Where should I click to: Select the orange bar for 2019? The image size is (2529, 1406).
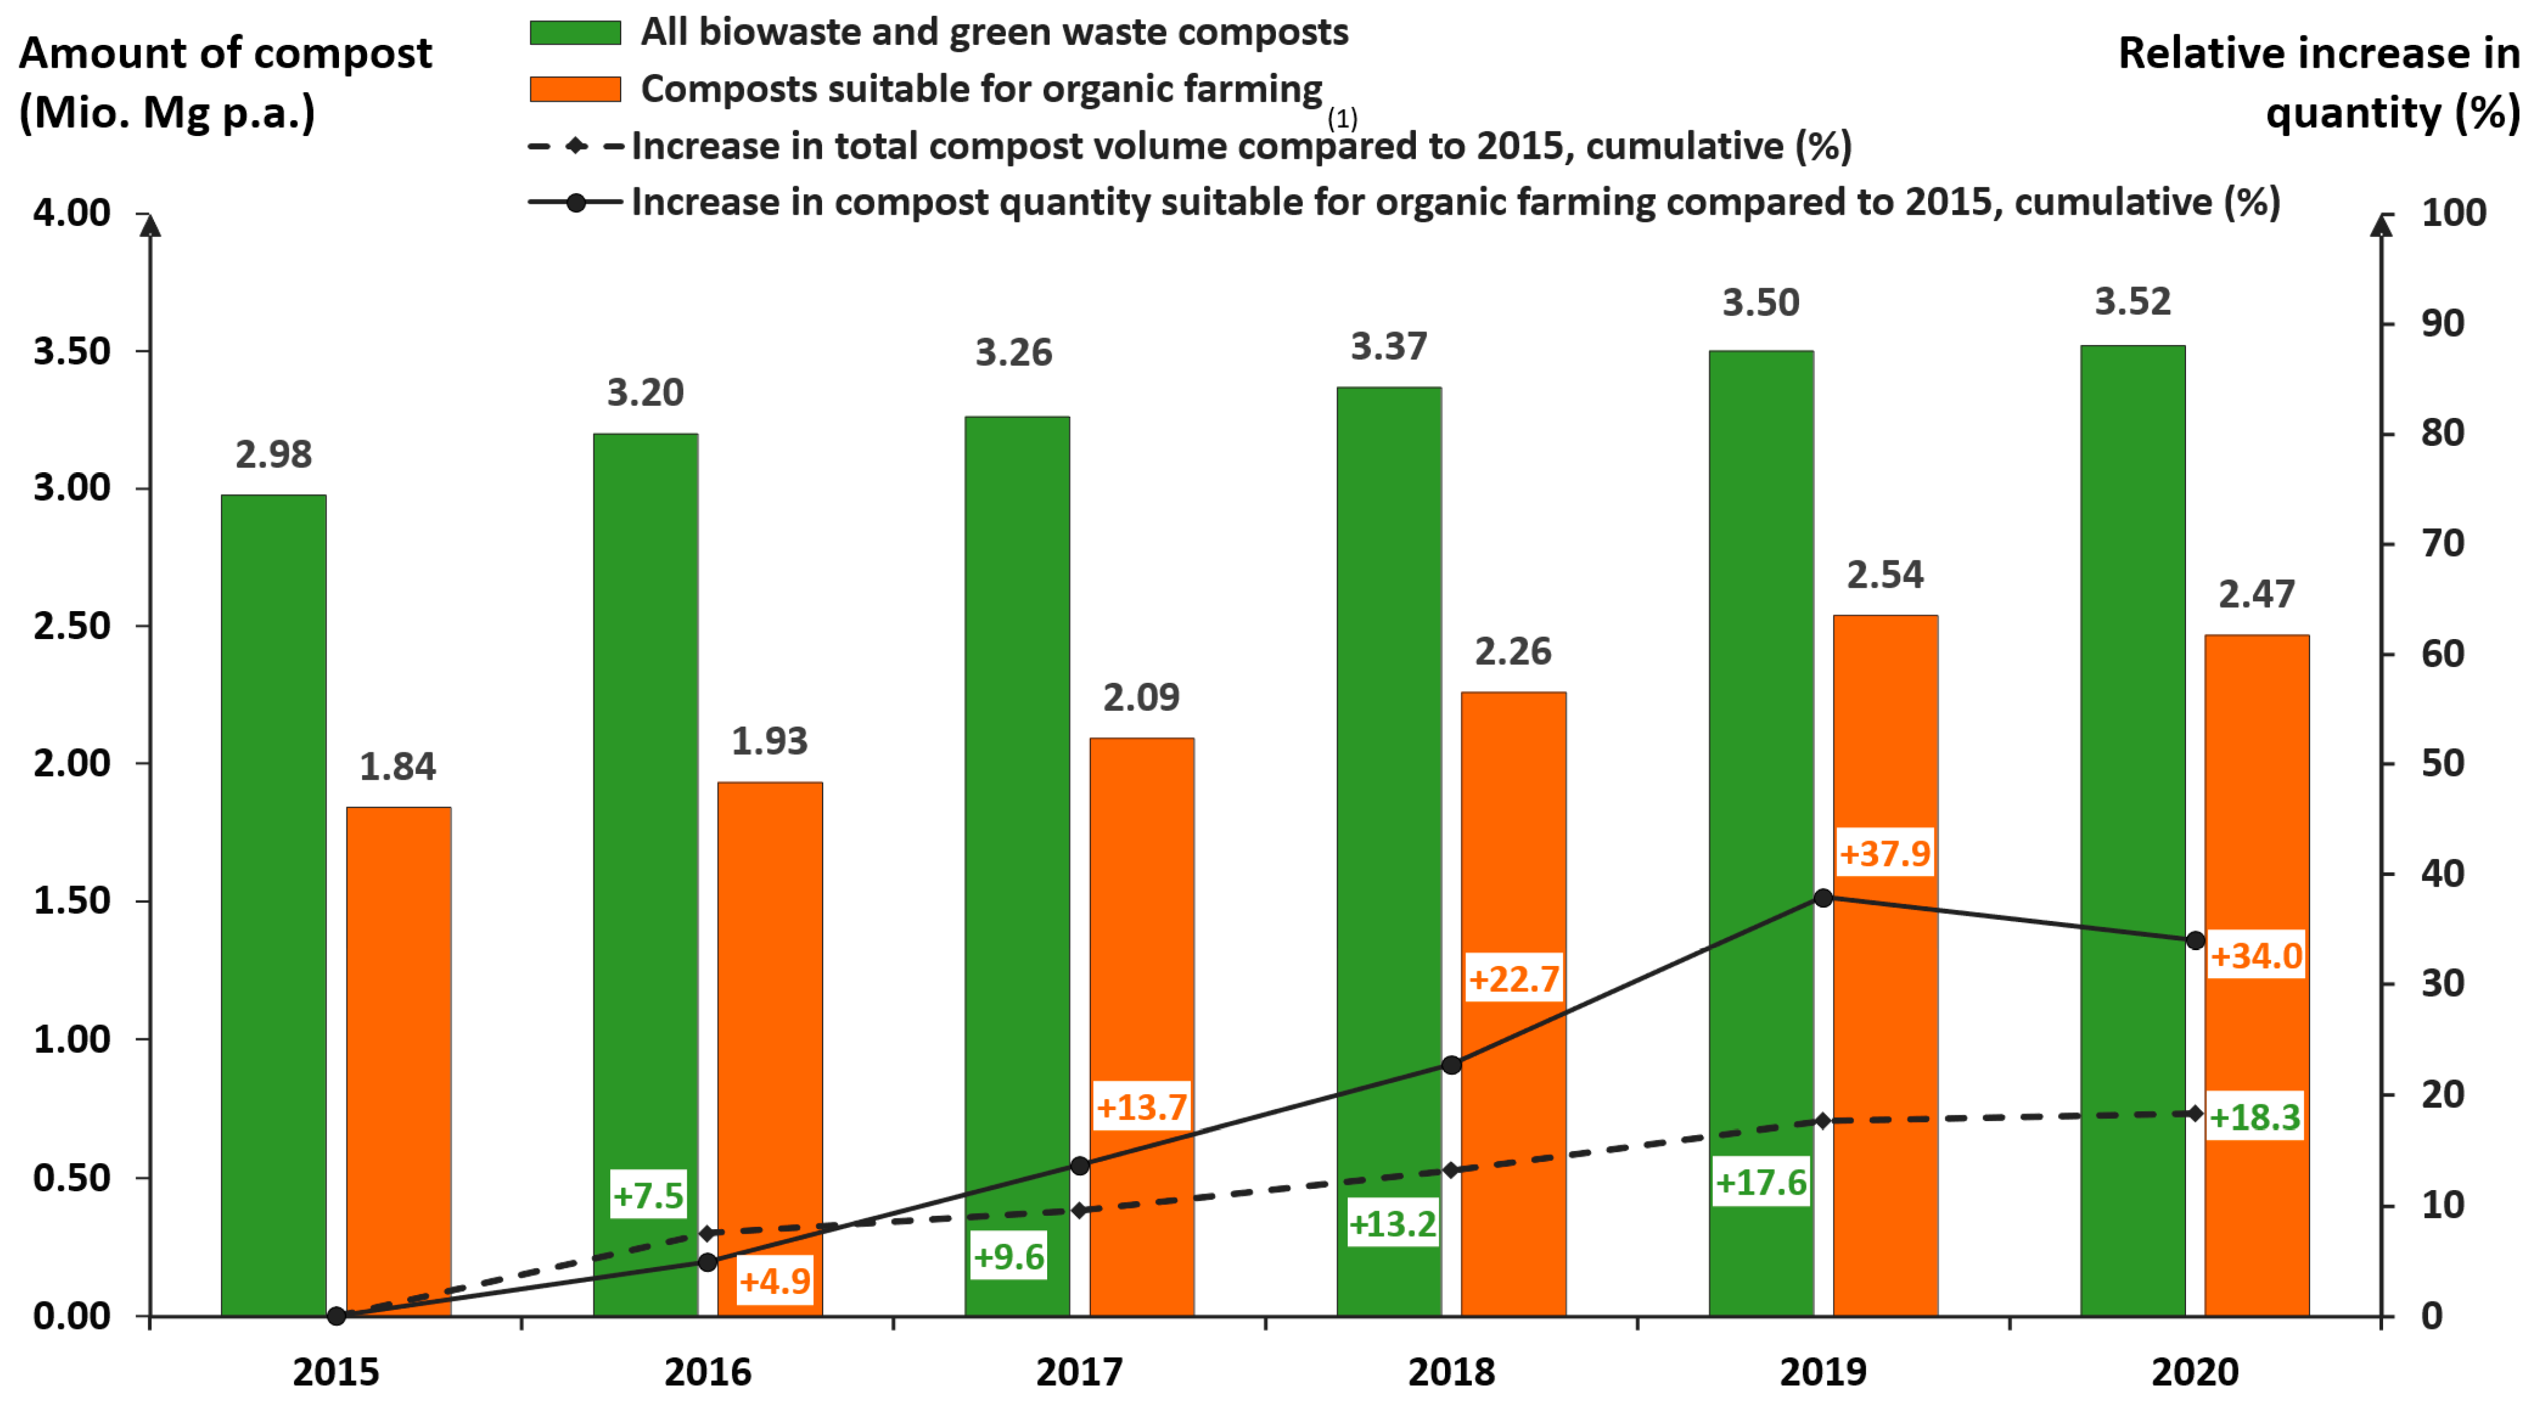point(1885,1080)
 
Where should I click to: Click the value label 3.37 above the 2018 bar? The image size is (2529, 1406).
point(1388,347)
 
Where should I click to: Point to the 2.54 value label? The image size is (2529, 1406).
point(1885,574)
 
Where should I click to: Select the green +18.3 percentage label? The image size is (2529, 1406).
point(2255,1117)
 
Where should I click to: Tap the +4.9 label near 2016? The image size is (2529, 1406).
point(775,1281)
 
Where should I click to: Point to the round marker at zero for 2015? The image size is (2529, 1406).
point(336,1316)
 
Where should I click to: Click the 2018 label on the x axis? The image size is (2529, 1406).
point(1451,1372)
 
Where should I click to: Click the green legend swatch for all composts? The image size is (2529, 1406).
point(575,33)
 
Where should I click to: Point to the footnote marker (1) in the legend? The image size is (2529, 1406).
point(1342,119)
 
